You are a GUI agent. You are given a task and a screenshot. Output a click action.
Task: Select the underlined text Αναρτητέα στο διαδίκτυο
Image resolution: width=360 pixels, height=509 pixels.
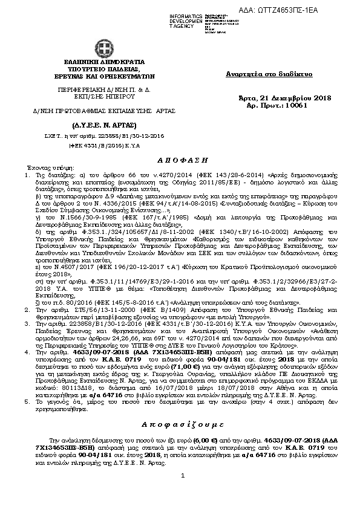269,74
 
